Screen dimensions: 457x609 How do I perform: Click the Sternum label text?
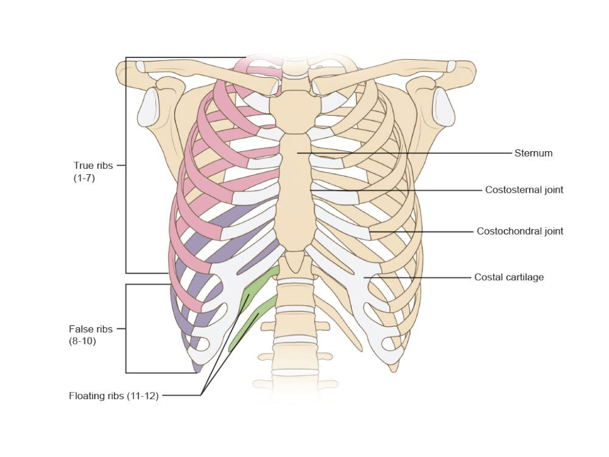533,153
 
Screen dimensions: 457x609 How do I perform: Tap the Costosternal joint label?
524,190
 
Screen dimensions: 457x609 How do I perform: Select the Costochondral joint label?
519,232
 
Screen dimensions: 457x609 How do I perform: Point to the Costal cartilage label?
509,277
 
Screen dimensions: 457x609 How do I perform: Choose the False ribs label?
91,329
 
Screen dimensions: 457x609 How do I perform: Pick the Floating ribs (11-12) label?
113,396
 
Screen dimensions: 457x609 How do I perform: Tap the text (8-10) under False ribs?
82,341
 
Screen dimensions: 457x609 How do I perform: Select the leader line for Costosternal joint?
396,190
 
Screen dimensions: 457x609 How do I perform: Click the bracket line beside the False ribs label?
126,329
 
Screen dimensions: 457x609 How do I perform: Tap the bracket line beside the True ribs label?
126,165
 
